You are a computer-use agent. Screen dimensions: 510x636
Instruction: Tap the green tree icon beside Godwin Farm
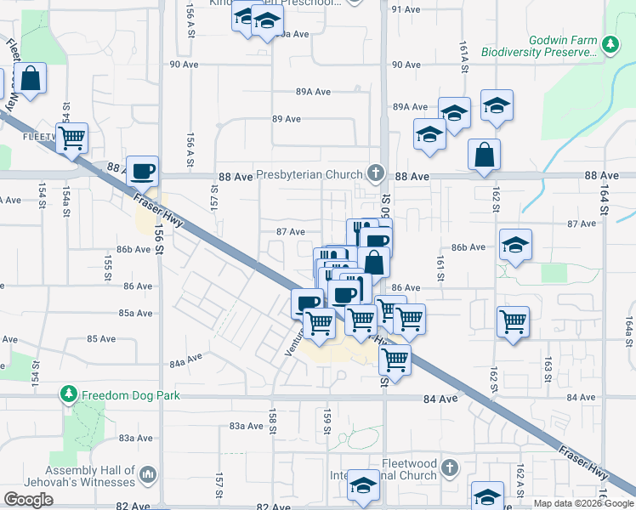pyautogui.click(x=609, y=44)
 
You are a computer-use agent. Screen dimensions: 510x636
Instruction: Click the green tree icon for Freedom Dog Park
pyautogui.click(x=68, y=394)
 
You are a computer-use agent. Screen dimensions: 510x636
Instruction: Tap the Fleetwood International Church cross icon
pyautogui.click(x=451, y=467)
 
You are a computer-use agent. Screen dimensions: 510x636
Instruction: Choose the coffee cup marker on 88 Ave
pyautogui.click(x=142, y=171)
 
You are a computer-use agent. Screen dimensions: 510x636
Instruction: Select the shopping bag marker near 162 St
pyautogui.click(x=484, y=155)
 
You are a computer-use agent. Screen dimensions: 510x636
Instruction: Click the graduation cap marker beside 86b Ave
pyautogui.click(x=515, y=245)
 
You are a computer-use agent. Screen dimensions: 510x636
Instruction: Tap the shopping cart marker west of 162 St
pyautogui.click(x=513, y=321)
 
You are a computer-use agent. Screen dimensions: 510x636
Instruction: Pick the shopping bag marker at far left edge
pyautogui.click(x=30, y=78)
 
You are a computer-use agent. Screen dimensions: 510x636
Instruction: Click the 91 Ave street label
pyautogui.click(x=406, y=9)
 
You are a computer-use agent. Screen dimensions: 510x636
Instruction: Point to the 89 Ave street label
pyautogui.click(x=287, y=119)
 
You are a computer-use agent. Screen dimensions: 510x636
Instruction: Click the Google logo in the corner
pyautogui.click(x=28, y=500)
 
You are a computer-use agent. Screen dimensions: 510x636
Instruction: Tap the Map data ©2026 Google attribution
pyautogui.click(x=582, y=503)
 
